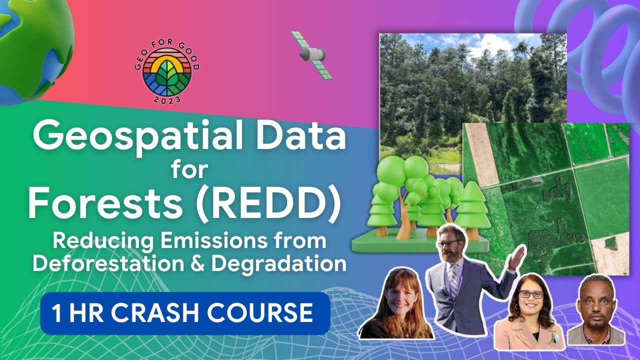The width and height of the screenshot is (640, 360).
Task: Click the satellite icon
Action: [311, 54]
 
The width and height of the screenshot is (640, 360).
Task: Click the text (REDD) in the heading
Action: [268, 205]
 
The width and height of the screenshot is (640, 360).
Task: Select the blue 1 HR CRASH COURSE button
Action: [185, 313]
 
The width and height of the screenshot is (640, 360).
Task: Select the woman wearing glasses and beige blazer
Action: [530, 315]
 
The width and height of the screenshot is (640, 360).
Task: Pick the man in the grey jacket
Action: [596, 312]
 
